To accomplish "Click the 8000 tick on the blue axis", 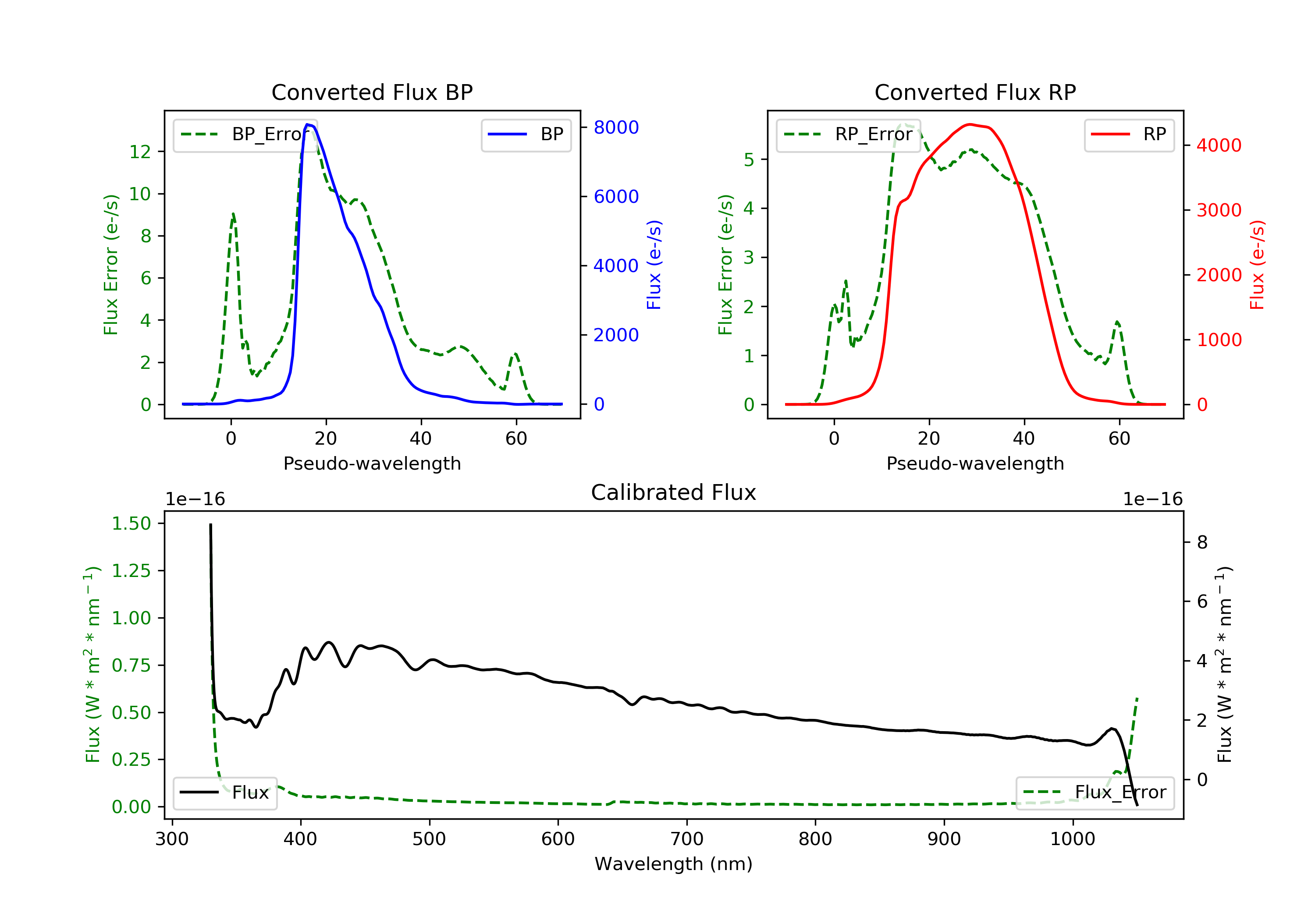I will [x=616, y=127].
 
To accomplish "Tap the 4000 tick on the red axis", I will [x=1219, y=145].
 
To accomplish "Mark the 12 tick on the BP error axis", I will [x=140, y=152].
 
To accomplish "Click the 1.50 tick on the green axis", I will [x=131, y=524].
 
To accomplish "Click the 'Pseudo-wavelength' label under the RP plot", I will [x=975, y=464].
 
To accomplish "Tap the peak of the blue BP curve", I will [x=308, y=124].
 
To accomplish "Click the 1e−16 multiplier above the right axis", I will [x=1152, y=499].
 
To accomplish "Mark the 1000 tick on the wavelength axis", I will [x=1072, y=839].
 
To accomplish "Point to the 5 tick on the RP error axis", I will [x=749, y=160].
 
